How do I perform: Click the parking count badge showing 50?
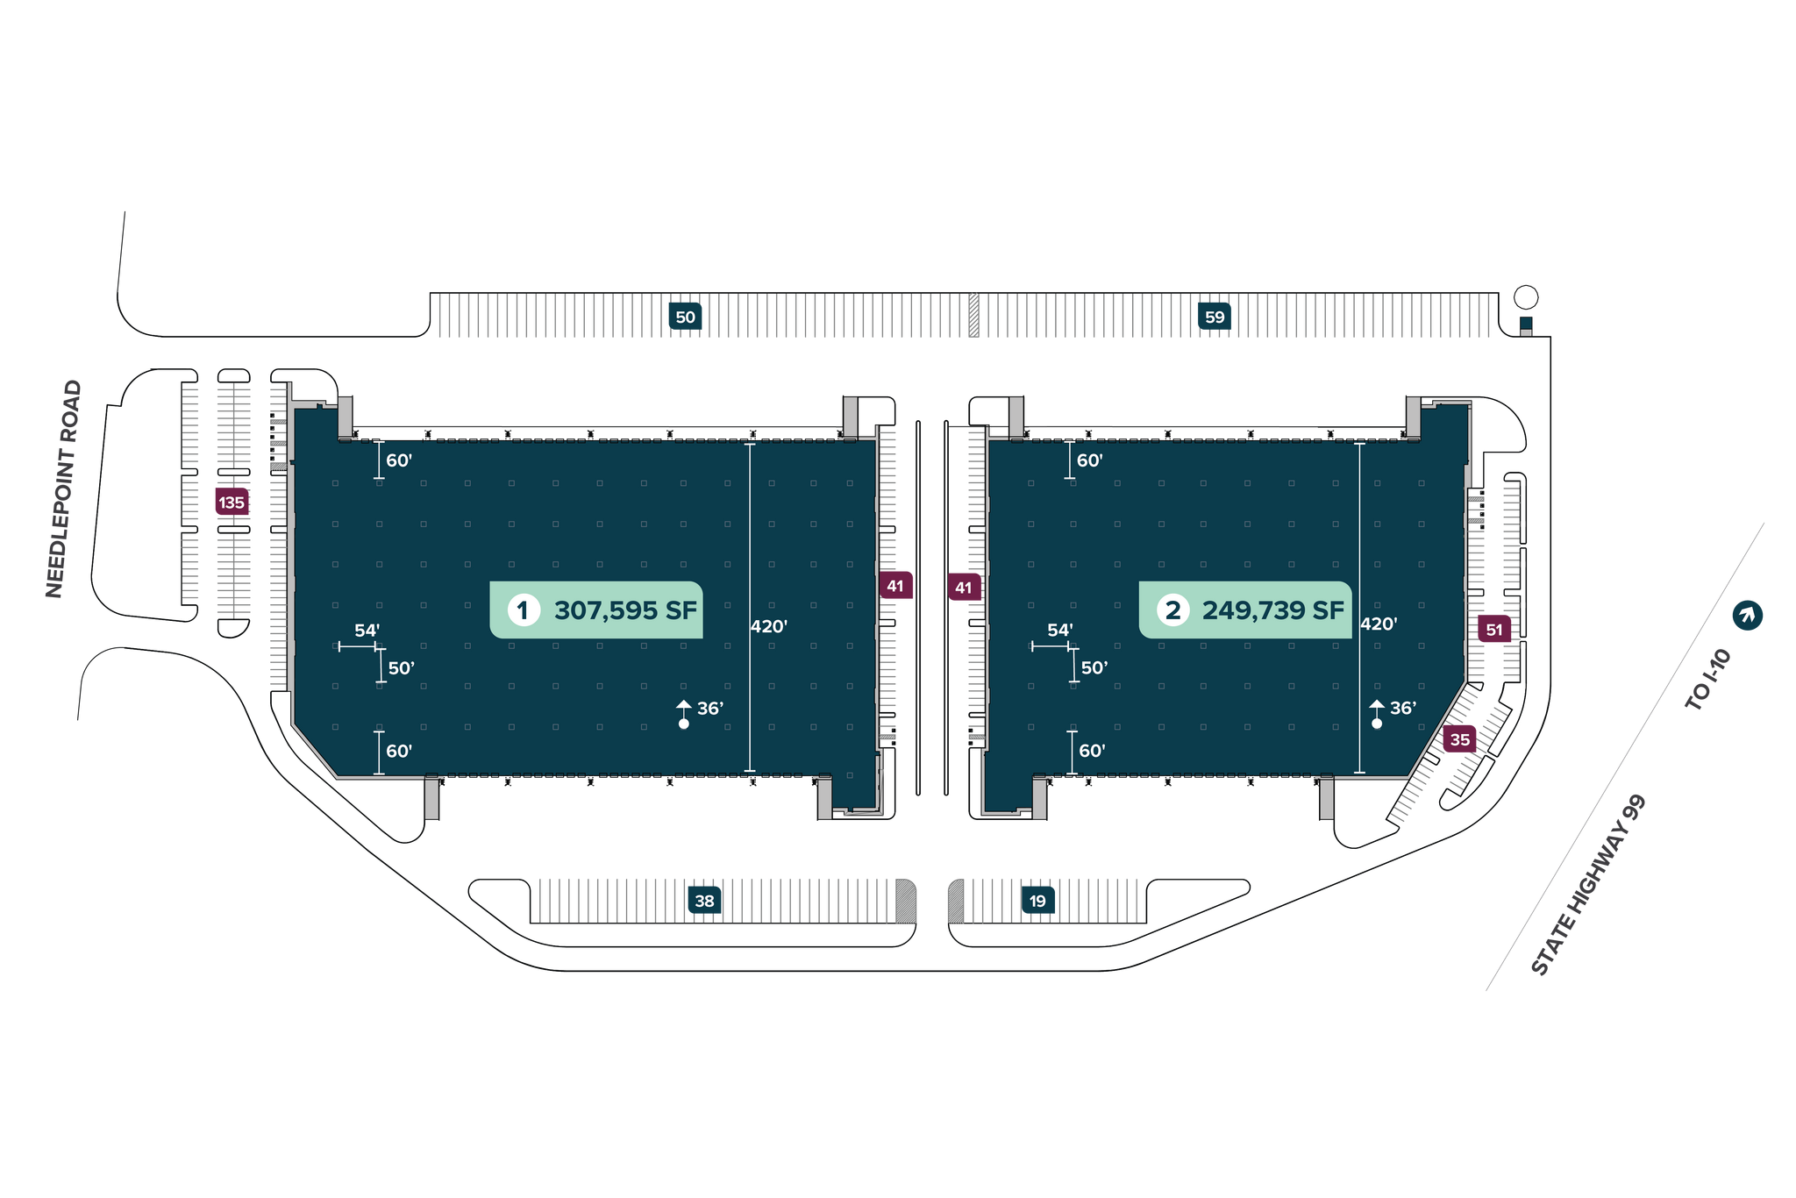click(685, 317)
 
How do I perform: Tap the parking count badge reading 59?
click(1215, 317)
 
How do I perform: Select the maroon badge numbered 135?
click(232, 503)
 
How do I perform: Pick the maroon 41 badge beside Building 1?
click(895, 586)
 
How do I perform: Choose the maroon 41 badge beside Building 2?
click(964, 588)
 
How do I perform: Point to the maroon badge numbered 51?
click(1494, 630)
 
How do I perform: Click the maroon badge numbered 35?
click(1460, 740)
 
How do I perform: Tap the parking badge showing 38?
click(704, 901)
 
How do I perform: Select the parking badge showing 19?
click(1037, 901)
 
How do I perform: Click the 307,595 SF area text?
click(625, 610)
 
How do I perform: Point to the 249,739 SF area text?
click(1272, 610)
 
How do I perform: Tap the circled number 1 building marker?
click(524, 610)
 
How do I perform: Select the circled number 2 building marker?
click(1172, 610)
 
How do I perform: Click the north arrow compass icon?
click(1747, 616)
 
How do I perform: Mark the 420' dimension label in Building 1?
click(769, 626)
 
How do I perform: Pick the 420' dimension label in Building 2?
click(1379, 624)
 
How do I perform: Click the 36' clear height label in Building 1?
click(709, 708)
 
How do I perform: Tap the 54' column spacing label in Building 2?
click(1059, 630)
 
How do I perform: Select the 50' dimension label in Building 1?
click(401, 668)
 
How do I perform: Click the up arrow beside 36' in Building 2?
click(1377, 707)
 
